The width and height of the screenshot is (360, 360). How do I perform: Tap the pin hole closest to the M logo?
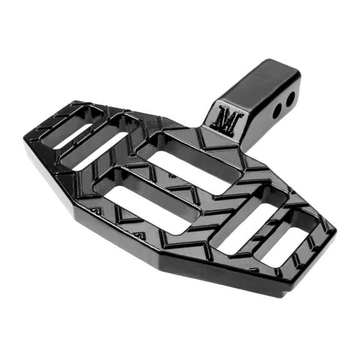pos(277,111)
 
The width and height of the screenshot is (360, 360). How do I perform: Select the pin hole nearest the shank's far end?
pos(291,99)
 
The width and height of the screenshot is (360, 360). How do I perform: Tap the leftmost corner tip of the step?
pos(26,141)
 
